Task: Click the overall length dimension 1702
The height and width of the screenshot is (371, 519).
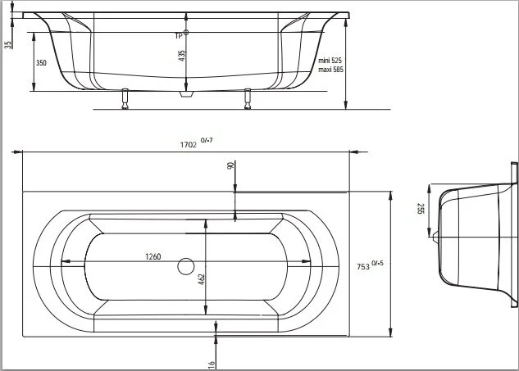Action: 188,145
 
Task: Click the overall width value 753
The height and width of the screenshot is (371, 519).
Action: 362,265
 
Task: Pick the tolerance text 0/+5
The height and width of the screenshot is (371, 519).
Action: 378,261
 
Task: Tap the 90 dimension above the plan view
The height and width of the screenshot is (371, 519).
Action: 230,166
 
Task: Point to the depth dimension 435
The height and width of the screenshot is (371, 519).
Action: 182,54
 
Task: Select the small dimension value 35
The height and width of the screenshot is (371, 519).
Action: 7,44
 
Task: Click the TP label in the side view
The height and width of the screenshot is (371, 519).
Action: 178,35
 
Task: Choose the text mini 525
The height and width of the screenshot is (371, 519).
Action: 330,61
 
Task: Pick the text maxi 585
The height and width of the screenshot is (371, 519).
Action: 330,70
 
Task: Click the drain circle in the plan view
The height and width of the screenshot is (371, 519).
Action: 187,265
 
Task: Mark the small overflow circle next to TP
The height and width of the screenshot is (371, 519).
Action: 188,33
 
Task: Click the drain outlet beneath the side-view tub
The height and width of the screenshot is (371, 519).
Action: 187,94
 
